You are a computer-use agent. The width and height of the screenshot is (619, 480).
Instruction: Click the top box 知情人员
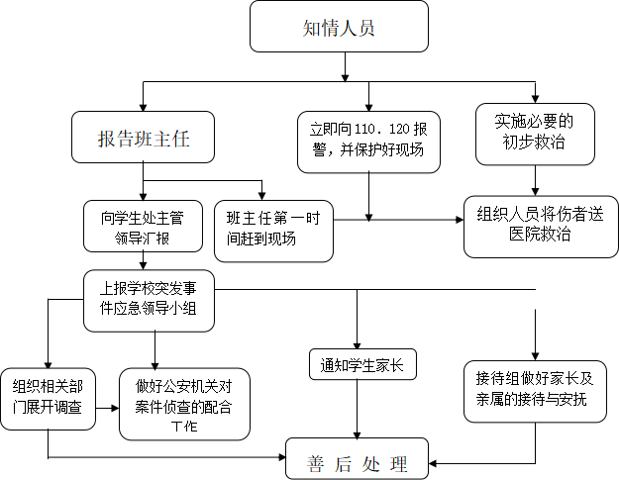pyautogui.click(x=339, y=27)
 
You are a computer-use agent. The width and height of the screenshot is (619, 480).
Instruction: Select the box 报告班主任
pyautogui.click(x=143, y=138)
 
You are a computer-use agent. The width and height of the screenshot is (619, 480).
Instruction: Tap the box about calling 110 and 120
pyautogui.click(x=368, y=142)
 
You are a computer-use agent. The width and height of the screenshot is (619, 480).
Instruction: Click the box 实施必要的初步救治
pyautogui.click(x=535, y=134)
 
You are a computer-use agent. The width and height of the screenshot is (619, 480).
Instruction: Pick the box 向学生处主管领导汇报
pyautogui.click(x=143, y=227)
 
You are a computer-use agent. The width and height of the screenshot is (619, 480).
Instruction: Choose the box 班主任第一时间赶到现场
pyautogui.click(x=273, y=232)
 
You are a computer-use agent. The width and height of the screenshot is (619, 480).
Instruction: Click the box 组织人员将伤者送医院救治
pyautogui.click(x=541, y=227)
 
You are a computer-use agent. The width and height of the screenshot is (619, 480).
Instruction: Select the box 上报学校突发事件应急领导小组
pyautogui.click(x=149, y=301)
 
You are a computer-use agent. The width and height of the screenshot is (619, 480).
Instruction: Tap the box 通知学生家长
pyautogui.click(x=362, y=364)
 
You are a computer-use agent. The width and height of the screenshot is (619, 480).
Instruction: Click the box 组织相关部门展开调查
pyautogui.click(x=48, y=399)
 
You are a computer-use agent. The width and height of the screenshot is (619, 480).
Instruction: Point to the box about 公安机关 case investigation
pyautogui.click(x=184, y=404)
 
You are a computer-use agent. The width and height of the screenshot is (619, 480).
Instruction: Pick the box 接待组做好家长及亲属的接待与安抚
pyautogui.click(x=535, y=391)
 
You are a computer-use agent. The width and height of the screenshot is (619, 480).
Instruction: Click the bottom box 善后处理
pyautogui.click(x=357, y=459)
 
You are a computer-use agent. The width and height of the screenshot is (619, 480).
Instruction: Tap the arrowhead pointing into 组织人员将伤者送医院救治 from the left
pyautogui.click(x=460, y=220)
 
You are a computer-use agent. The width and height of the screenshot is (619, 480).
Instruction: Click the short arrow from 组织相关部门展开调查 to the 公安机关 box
pyautogui.click(x=107, y=408)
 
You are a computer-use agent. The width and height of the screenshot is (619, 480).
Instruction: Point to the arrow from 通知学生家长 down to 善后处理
pyautogui.click(x=357, y=409)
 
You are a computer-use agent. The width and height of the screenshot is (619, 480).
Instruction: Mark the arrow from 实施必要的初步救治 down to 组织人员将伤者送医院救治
pyautogui.click(x=535, y=181)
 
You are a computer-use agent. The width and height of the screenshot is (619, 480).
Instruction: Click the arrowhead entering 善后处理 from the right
pyautogui.click(x=433, y=463)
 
